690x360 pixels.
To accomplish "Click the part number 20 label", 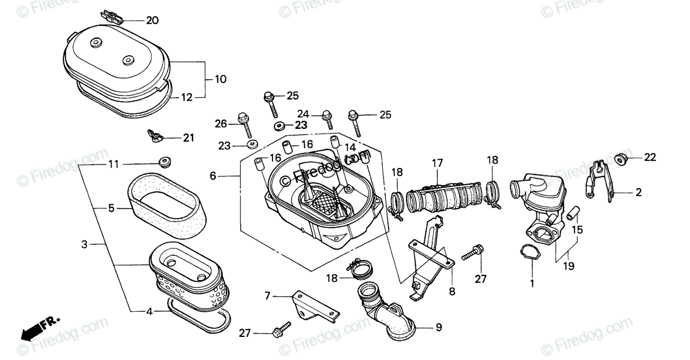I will point(152,21).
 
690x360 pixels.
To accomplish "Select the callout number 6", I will point(213,176).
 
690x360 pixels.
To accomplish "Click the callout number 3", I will point(84,245).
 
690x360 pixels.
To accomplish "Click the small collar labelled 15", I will point(572,213).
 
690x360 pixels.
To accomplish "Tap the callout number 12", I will point(187,98).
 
